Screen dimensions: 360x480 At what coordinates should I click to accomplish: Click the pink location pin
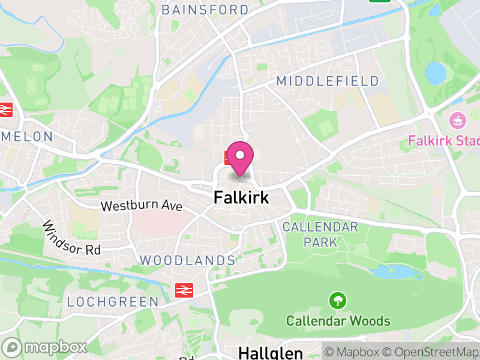click(240, 157)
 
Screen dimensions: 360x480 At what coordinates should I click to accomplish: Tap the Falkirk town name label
click(241, 197)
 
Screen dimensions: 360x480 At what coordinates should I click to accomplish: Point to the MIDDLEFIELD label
click(328, 81)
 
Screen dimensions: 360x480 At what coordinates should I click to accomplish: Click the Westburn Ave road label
click(141, 206)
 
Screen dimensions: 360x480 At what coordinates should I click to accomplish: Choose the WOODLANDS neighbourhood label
click(187, 260)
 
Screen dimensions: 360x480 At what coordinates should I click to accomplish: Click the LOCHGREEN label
click(113, 302)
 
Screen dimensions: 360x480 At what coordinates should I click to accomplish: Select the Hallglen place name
click(271, 352)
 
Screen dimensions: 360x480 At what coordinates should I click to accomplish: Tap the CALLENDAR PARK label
click(320, 235)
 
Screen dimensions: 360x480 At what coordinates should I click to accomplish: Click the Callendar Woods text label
click(338, 321)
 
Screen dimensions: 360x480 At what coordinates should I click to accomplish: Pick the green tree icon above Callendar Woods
click(338, 299)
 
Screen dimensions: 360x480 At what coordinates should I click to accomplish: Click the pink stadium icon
click(458, 121)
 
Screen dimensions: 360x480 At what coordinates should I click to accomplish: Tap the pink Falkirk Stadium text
click(444, 141)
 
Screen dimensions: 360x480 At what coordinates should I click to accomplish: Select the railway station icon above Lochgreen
click(183, 290)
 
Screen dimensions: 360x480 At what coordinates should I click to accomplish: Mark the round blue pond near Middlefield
click(436, 73)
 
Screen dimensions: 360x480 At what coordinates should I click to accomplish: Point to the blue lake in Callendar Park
click(395, 272)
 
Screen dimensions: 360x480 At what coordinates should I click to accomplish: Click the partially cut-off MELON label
click(27, 137)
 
